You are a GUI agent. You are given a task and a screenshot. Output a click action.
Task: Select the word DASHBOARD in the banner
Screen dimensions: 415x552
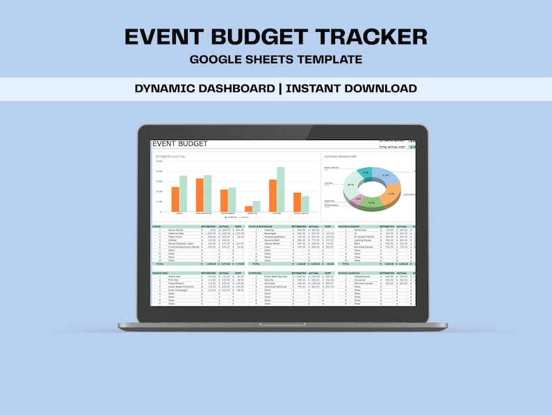click(x=236, y=88)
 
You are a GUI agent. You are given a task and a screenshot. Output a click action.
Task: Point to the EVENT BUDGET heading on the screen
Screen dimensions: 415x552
click(x=180, y=144)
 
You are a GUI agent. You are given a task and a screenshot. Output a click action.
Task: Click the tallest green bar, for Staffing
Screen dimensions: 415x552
click(x=280, y=189)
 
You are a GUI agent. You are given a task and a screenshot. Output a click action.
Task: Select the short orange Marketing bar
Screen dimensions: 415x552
click(x=249, y=208)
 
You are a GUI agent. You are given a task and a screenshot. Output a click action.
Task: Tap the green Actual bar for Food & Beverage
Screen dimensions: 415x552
click(x=207, y=193)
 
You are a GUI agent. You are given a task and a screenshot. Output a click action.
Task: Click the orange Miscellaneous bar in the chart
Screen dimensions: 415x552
click(x=297, y=202)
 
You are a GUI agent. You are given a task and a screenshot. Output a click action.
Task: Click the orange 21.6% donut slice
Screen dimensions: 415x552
click(x=389, y=194)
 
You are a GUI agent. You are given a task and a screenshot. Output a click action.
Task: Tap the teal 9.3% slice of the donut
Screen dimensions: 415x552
click(x=366, y=173)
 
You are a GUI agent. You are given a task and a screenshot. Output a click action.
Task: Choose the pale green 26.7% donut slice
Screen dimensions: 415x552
click(x=350, y=185)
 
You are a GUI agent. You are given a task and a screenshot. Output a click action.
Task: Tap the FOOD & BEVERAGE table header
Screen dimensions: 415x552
click(x=261, y=226)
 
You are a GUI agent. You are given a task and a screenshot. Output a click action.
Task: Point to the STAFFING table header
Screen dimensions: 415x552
click(x=255, y=273)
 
